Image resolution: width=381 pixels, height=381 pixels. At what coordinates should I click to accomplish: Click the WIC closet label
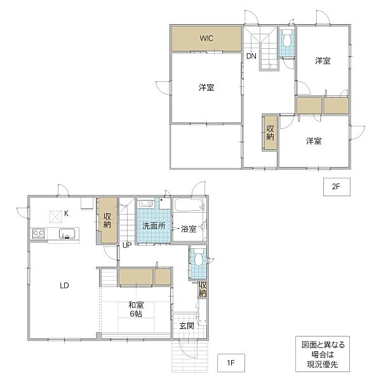pos(206,38)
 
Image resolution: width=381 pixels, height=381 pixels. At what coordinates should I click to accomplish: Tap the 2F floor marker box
pos(337,187)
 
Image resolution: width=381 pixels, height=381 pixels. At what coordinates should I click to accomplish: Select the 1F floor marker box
pos(231,363)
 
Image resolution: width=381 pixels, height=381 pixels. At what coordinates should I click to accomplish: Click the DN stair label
pos(251,56)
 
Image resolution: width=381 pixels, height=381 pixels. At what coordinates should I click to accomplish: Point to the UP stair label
pos(127,245)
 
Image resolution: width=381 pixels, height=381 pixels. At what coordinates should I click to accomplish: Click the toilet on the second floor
pos(287,38)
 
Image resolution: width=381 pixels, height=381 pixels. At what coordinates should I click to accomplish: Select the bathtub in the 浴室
pos(189,206)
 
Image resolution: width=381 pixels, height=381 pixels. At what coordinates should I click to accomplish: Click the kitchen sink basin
pos(67,234)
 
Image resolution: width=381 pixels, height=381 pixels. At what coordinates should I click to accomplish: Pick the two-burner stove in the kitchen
pos(38,234)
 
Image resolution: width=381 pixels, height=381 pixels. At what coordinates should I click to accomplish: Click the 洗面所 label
pos(154,226)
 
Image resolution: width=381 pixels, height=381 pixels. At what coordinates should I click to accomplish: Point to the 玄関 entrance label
pos(187,326)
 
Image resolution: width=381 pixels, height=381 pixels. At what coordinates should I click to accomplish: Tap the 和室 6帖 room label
pos(136,309)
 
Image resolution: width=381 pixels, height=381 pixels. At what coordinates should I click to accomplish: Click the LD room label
pos(64,285)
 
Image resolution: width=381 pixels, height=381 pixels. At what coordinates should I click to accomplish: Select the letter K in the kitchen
pos(66,213)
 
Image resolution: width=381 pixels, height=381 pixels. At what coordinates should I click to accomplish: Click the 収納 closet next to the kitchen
pos(107,220)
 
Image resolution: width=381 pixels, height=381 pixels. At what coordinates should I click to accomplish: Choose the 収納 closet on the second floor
pos(271,133)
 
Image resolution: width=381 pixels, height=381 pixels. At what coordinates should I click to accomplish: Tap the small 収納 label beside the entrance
pos(203,289)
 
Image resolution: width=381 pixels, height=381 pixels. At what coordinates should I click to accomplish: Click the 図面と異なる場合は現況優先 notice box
pos(323,354)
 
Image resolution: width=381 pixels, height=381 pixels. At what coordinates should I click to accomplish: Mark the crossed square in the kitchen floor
pos(56,217)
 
